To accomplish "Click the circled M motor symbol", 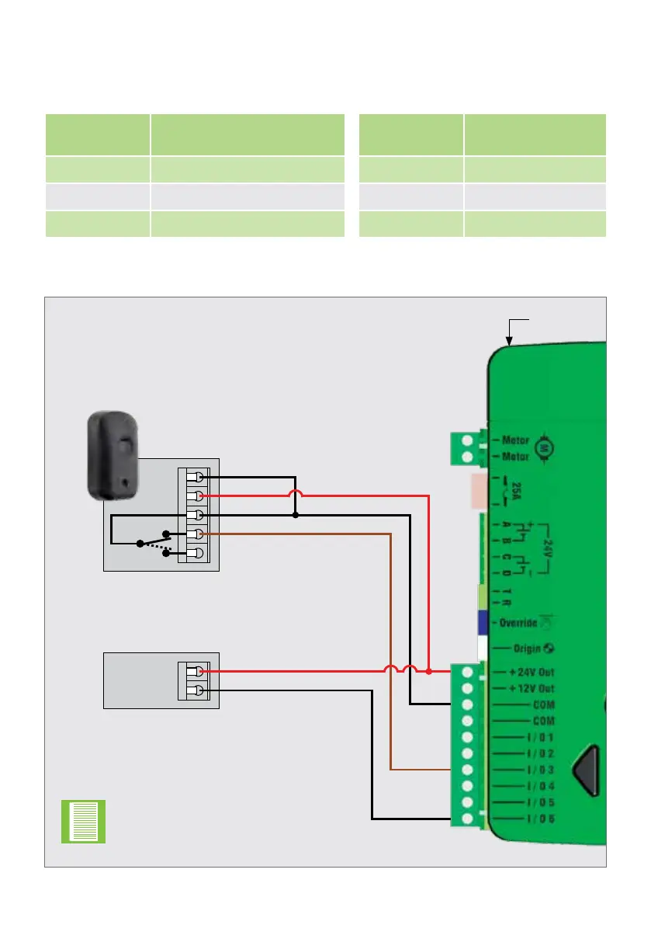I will coord(544,448).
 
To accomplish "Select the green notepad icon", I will coord(83,822).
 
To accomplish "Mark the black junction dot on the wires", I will coord(296,515).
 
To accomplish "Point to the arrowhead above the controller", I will coord(509,339).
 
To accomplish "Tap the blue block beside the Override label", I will coord(482,623).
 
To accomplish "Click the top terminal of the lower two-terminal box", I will coord(200,672).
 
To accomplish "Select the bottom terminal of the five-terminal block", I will coord(199,553).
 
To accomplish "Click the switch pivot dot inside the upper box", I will coord(140,543).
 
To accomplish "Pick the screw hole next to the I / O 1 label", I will coord(468,737).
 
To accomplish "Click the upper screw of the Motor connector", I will coord(468,440).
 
